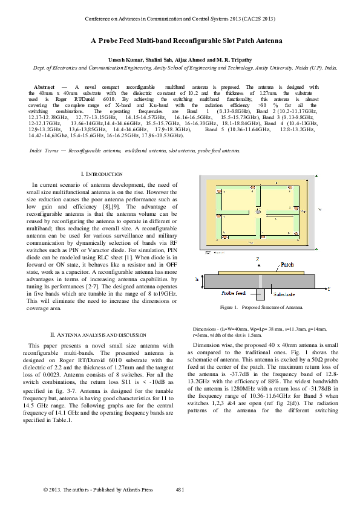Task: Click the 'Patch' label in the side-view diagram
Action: point(287,264)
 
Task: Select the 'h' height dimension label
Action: point(197,280)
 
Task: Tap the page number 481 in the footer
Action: point(180,490)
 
